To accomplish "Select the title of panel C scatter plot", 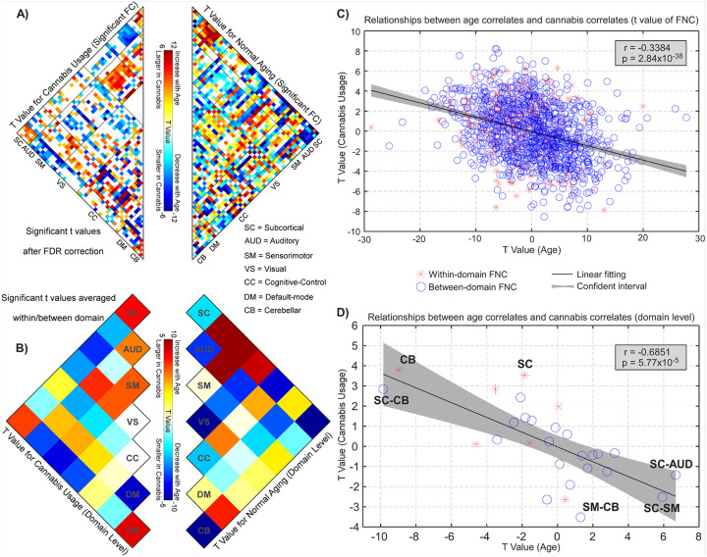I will tap(534, 20).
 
